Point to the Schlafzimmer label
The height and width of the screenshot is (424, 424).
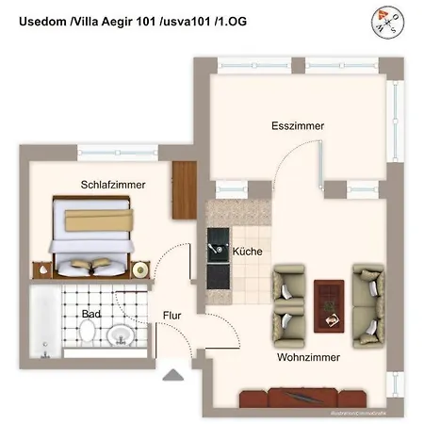coord(112,185)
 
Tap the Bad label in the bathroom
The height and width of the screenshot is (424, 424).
coord(91,313)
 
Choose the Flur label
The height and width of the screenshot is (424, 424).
coord(172,316)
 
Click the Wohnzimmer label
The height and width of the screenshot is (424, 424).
coord(308,358)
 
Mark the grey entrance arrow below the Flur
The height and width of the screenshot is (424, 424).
coord(172,375)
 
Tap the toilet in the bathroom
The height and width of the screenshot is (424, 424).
coord(88,333)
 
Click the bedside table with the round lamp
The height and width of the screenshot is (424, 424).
coord(138,270)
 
